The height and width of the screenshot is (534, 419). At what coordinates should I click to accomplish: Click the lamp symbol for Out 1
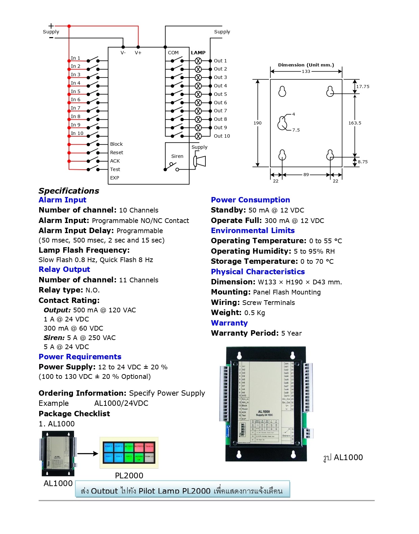pos(198,61)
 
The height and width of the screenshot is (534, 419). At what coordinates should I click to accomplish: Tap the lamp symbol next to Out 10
pos(198,136)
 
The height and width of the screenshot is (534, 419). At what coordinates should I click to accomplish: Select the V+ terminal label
pos(138,53)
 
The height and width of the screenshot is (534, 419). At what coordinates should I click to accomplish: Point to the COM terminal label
pos(173,53)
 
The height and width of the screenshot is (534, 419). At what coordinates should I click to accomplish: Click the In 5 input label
pos(75,91)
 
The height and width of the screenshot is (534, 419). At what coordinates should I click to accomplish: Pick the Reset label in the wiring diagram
pos(117,152)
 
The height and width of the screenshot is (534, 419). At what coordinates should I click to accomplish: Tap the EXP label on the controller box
pos(115,178)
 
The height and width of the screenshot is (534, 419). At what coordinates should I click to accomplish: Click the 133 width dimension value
pos(306,72)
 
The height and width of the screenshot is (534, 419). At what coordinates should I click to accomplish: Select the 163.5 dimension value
pos(354,123)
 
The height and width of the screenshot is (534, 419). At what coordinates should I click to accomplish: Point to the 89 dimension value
pos(306,175)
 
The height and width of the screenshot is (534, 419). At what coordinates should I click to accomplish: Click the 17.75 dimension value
pos(363,87)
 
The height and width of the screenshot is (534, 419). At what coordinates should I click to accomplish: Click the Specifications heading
pos(69,191)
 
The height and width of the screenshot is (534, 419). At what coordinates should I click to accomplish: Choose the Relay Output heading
pos(64,270)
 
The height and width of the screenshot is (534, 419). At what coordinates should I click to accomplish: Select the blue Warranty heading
pos(229,323)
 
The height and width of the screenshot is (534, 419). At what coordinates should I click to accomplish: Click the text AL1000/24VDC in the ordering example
pos(121,403)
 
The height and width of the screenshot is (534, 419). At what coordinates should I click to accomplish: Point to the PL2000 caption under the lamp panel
pos(129,476)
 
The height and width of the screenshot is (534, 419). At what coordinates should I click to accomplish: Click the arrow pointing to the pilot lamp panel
pos(88,454)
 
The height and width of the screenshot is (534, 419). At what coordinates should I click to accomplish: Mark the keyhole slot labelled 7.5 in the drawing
pos(282,123)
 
